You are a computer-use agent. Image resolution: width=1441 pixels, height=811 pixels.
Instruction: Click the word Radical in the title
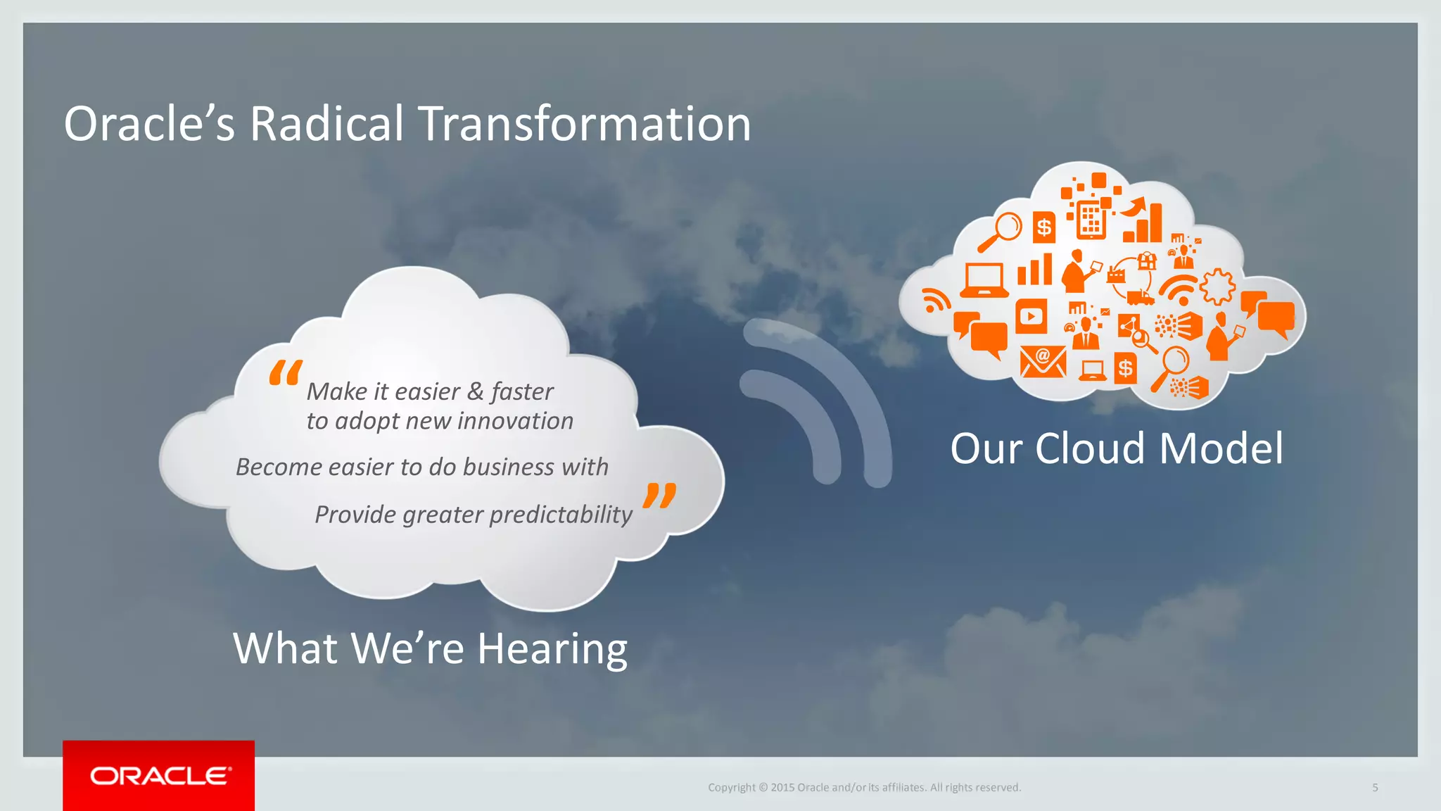click(326, 124)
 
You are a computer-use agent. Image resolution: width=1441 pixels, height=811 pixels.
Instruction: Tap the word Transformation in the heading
click(585, 124)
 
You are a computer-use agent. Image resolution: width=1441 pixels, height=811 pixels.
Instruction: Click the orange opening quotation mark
click(286, 372)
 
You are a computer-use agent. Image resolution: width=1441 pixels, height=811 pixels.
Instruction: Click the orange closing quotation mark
click(659, 496)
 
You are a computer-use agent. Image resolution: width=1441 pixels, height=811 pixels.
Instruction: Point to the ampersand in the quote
click(476, 391)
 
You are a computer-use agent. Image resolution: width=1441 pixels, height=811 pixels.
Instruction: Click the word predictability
click(561, 515)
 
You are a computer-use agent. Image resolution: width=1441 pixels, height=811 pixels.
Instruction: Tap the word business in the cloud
click(508, 467)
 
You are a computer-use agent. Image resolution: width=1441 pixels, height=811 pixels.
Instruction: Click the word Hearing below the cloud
click(552, 648)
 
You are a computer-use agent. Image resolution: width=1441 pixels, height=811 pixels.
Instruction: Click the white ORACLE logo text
click(160, 776)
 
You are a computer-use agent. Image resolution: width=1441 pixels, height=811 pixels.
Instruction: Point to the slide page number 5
click(1375, 788)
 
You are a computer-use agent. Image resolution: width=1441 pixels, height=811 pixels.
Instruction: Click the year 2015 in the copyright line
click(782, 788)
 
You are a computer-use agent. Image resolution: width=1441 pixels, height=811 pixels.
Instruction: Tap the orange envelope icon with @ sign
click(1043, 361)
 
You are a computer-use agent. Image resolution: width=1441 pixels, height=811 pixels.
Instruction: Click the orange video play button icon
click(1031, 316)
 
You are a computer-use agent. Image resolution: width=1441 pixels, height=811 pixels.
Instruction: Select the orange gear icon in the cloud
click(1217, 287)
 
